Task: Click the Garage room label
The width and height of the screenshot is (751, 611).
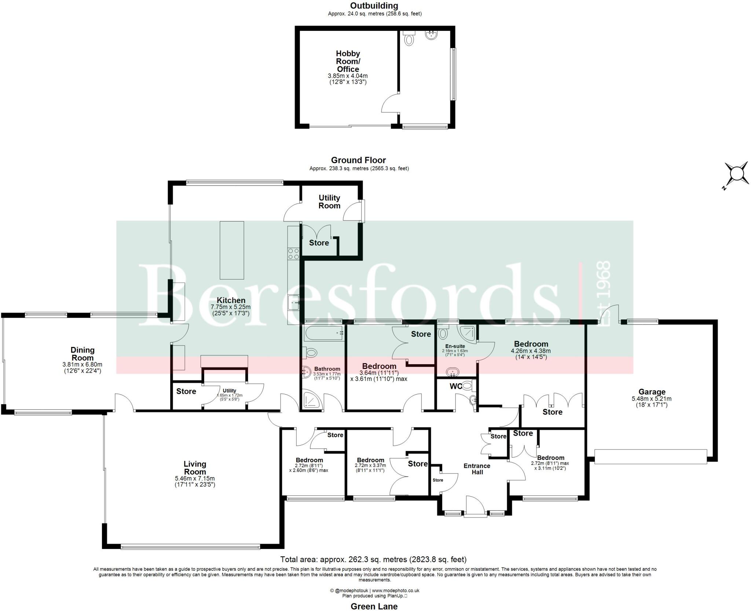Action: [x=652, y=392]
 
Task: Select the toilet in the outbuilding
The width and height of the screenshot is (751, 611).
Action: [x=409, y=39]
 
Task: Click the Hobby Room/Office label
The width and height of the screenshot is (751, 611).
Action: [x=348, y=61]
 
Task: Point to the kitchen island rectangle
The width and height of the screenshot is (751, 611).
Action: [x=232, y=250]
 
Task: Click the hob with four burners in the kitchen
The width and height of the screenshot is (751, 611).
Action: [x=293, y=254]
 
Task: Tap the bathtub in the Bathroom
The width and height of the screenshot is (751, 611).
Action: [x=323, y=333]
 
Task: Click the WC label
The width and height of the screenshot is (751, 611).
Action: [x=455, y=386]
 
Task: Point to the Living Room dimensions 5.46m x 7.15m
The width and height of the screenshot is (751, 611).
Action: [x=195, y=478]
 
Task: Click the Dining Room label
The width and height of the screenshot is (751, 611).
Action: [x=83, y=354]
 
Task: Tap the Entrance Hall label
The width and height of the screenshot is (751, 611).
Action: [x=477, y=469]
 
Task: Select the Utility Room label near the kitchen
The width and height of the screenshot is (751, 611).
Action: [x=329, y=202]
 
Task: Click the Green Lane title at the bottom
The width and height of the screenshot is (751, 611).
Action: [x=374, y=606]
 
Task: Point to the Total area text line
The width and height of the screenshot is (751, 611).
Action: [x=373, y=559]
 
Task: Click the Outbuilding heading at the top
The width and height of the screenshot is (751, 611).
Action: [x=374, y=6]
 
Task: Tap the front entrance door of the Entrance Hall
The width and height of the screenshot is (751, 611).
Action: [x=475, y=508]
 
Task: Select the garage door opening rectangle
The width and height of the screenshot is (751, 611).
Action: [x=650, y=457]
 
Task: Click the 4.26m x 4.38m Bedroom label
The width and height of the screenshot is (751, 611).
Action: [x=531, y=344]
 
